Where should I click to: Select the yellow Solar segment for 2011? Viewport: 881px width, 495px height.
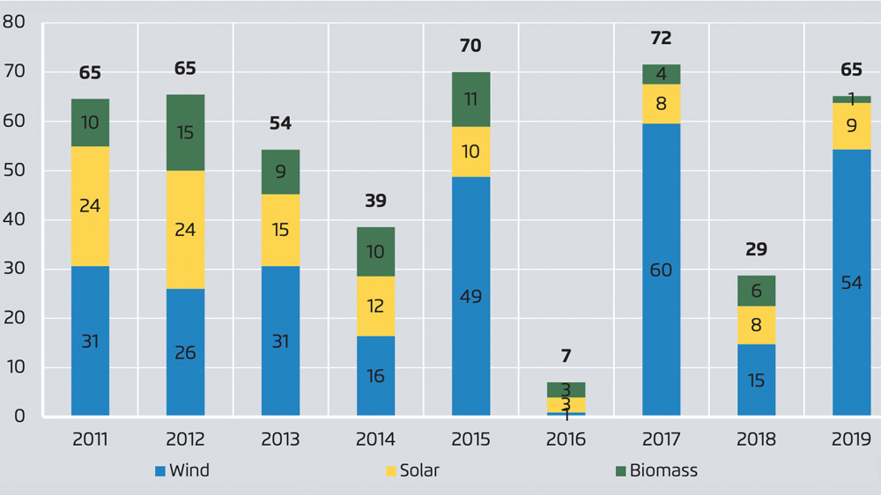[90, 206]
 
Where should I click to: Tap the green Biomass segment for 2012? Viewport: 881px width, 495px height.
[185, 132]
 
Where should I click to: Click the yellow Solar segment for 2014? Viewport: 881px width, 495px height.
[375, 306]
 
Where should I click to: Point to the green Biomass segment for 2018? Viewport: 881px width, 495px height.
[756, 291]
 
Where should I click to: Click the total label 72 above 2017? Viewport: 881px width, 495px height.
[661, 38]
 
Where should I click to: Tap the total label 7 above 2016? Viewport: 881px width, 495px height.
[566, 357]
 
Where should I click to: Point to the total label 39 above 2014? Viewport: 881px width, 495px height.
[375, 201]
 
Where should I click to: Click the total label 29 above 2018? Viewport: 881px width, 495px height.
[756, 249]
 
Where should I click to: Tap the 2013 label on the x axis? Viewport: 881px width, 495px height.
[280, 440]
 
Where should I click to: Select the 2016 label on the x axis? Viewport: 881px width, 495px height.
[566, 440]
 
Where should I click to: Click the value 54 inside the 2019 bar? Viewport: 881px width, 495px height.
[851, 283]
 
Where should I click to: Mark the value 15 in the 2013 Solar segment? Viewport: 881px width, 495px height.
[280, 230]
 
